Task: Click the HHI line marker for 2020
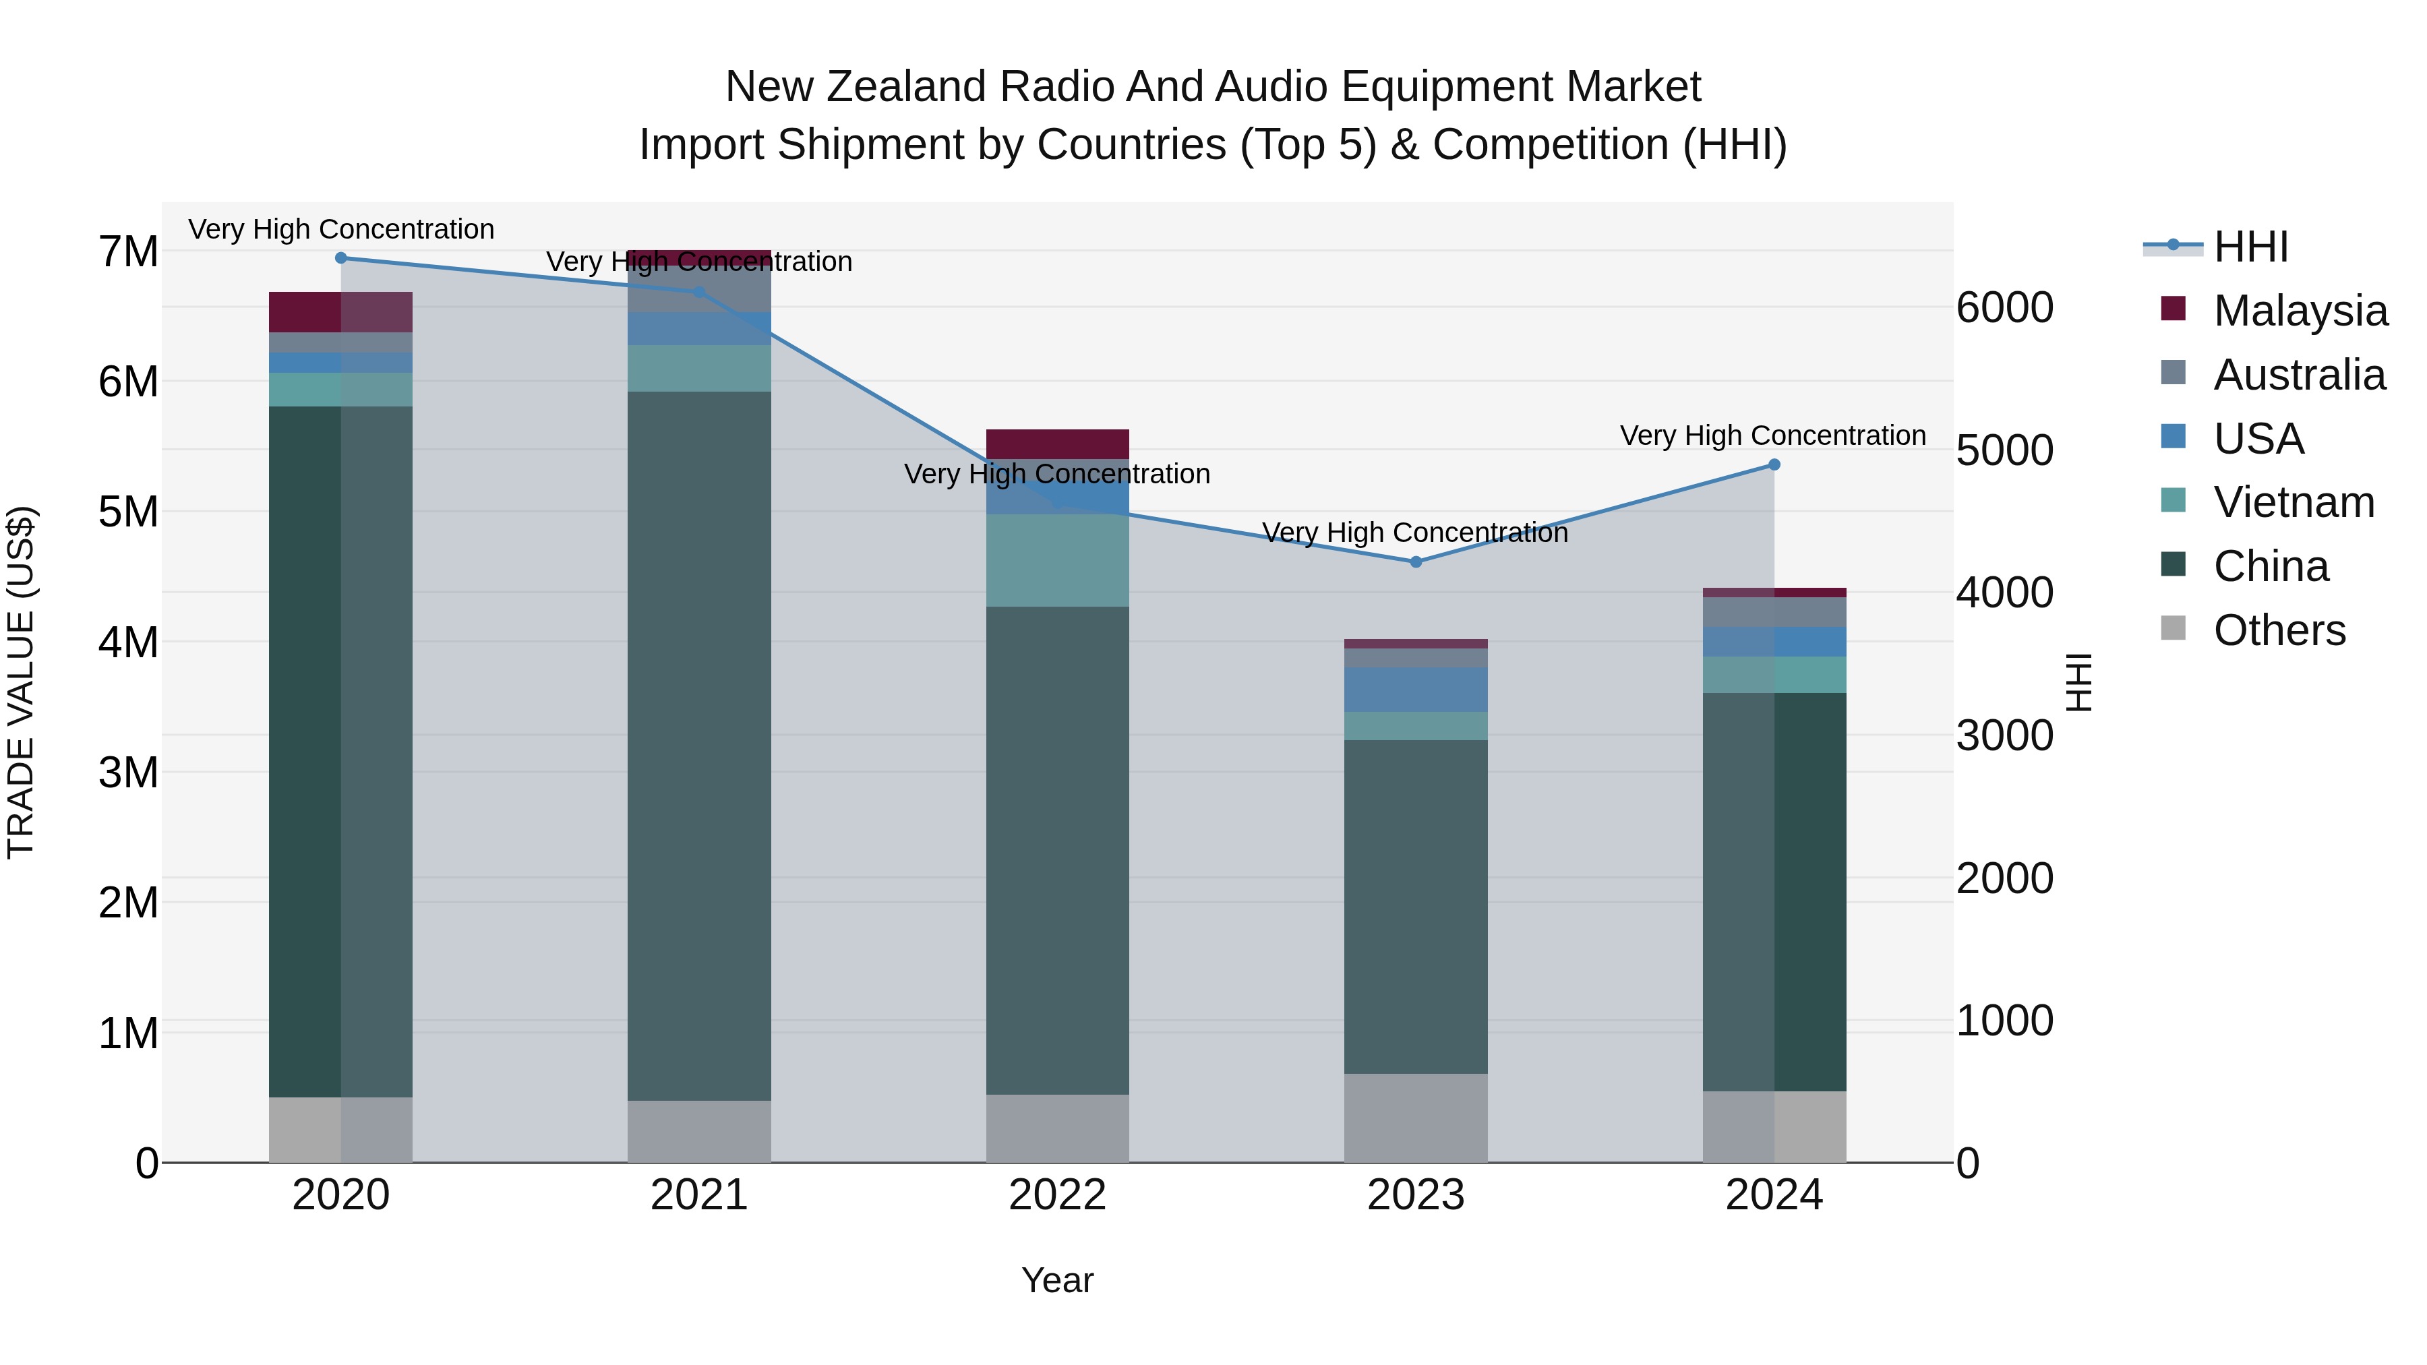click(341, 258)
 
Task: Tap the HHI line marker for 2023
click(1415, 562)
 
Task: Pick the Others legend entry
click(2278, 630)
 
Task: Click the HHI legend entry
click(2249, 247)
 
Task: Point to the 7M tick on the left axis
click(128, 251)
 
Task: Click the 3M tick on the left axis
click(128, 772)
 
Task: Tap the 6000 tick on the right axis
click(2005, 308)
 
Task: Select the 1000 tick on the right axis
click(2005, 1021)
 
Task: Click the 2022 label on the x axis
click(1057, 1195)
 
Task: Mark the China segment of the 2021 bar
click(699, 744)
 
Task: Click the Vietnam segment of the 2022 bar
click(1057, 561)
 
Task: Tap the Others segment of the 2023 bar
click(1415, 1118)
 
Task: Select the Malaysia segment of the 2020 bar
click(341, 312)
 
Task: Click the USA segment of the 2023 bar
click(1415, 690)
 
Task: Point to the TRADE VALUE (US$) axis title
click(21, 683)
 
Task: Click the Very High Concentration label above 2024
click(1772, 436)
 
